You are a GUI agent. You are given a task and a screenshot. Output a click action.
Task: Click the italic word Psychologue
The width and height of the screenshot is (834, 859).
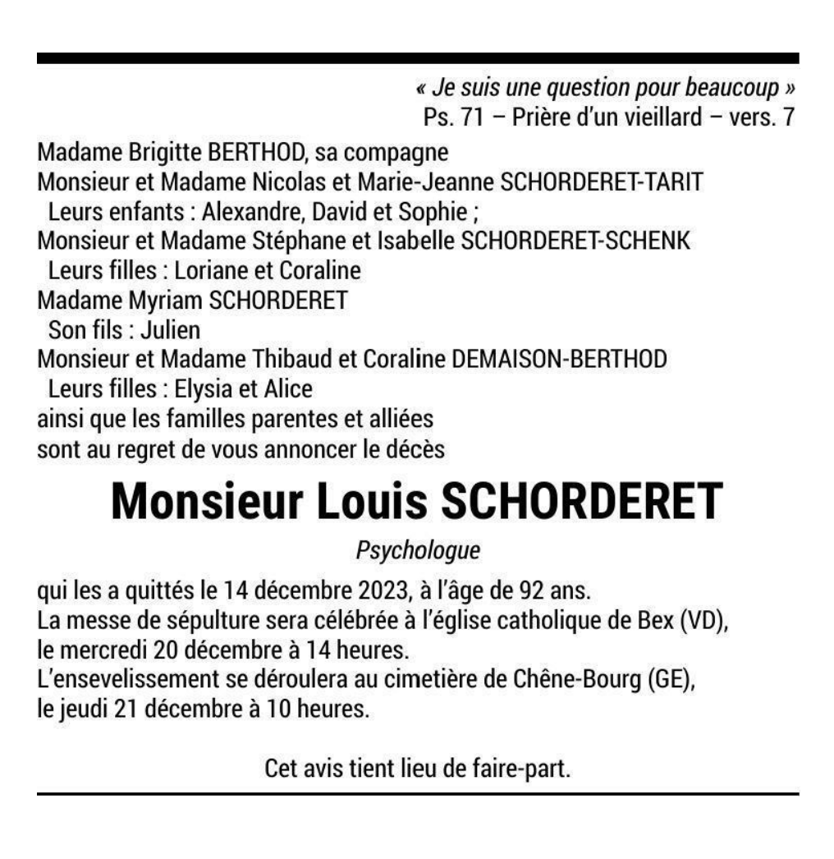[418, 549]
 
